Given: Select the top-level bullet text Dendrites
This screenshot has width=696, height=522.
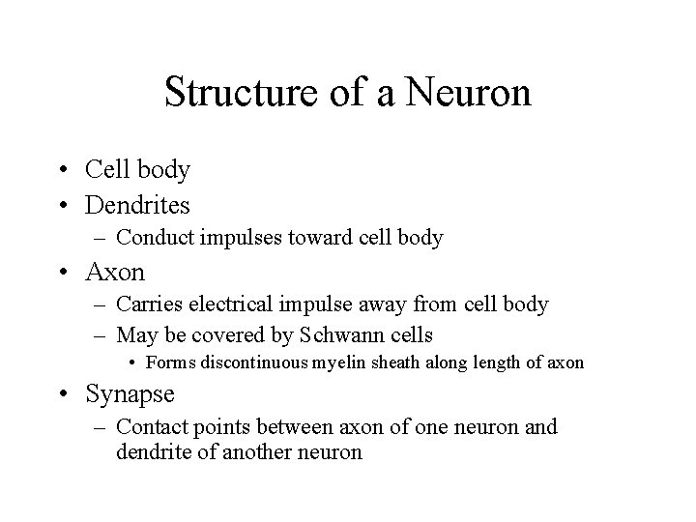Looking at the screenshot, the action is point(137,205).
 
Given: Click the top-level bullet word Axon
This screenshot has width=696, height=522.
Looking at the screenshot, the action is point(115,272).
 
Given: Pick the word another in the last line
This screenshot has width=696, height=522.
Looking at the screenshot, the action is point(255,450).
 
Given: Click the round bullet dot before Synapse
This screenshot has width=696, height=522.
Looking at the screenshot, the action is point(65,395).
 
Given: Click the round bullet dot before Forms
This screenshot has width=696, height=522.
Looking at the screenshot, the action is point(132,363).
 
